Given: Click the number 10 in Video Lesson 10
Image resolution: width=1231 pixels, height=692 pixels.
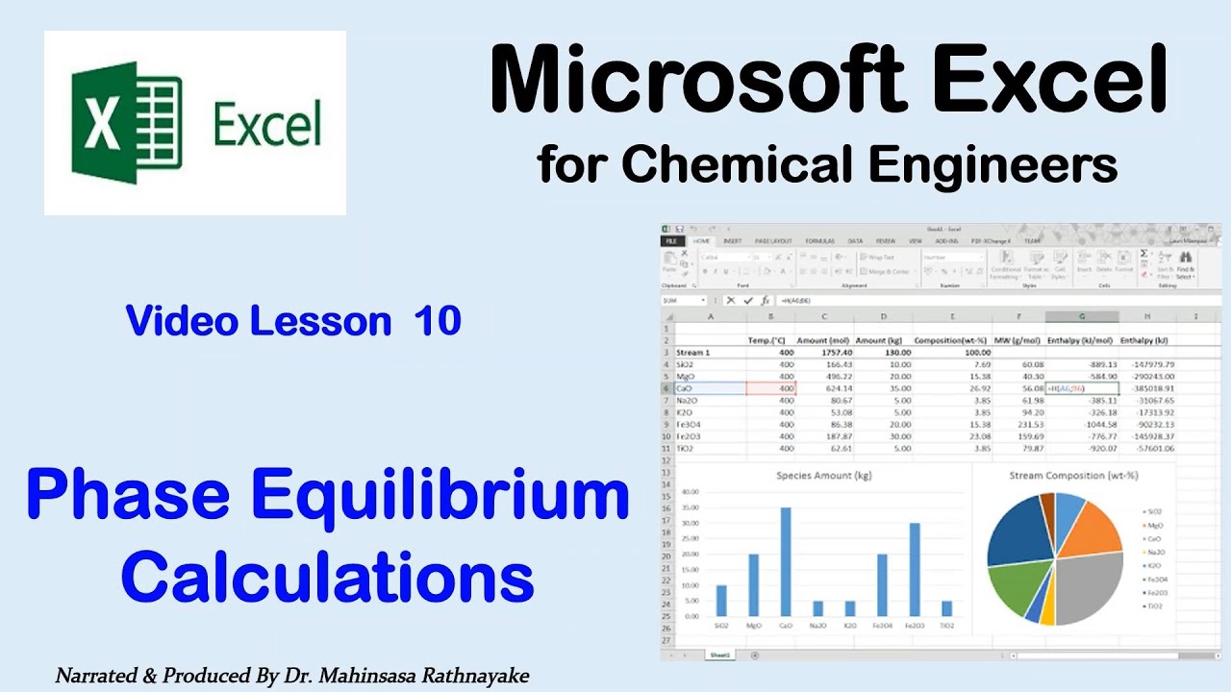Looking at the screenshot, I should [438, 321].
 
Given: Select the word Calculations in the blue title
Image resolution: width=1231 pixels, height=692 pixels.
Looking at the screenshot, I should [327, 580].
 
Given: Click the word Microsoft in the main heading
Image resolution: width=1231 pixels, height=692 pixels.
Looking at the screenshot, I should [697, 82].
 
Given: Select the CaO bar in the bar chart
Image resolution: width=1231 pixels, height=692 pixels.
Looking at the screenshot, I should [784, 561].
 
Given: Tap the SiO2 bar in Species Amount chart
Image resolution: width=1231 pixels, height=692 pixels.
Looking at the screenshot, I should [721, 601].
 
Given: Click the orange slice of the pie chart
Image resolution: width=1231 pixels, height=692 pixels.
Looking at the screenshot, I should [1092, 529].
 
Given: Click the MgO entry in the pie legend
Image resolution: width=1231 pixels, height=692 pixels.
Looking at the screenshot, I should [1154, 525].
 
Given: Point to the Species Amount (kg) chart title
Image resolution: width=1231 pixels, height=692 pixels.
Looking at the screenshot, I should [824, 476].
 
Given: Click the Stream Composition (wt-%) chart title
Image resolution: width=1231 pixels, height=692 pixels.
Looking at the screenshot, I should [1069, 475].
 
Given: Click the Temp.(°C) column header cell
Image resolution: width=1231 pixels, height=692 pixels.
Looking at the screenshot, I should [769, 340].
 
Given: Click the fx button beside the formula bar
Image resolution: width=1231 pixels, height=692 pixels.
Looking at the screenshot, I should [765, 300].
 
